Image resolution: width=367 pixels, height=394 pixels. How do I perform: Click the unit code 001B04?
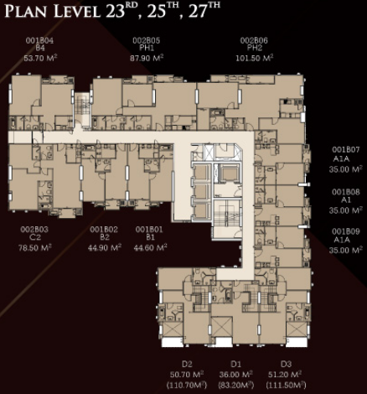tap(39, 41)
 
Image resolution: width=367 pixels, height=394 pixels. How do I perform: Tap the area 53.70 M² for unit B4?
tap(40, 58)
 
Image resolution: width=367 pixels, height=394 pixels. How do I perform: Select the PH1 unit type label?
tap(147, 48)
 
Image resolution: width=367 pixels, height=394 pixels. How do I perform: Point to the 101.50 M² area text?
tap(255, 58)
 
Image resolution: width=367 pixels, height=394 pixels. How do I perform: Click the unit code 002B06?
tap(254, 41)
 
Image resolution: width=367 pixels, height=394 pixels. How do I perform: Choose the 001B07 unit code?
tap(345, 150)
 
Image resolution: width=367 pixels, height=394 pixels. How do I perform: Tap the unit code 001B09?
tap(345, 231)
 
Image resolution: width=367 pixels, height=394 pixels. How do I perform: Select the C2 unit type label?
tap(34, 237)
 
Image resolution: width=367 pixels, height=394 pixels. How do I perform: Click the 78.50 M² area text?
tap(35, 247)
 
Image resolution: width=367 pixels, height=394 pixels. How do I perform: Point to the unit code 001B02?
tap(104, 230)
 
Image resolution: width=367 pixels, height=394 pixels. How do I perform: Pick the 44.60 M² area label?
tap(150, 247)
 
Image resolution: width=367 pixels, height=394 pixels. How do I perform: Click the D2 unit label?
tap(187, 364)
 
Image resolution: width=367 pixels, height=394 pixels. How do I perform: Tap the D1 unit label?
tap(235, 364)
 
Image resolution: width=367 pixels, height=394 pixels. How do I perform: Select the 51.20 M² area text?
tap(285, 375)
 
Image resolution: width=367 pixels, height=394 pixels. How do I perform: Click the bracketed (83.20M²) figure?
tap(236, 386)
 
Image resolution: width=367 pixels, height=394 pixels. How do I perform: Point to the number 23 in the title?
tap(115, 12)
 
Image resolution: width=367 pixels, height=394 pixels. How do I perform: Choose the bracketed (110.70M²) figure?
tap(187, 386)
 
